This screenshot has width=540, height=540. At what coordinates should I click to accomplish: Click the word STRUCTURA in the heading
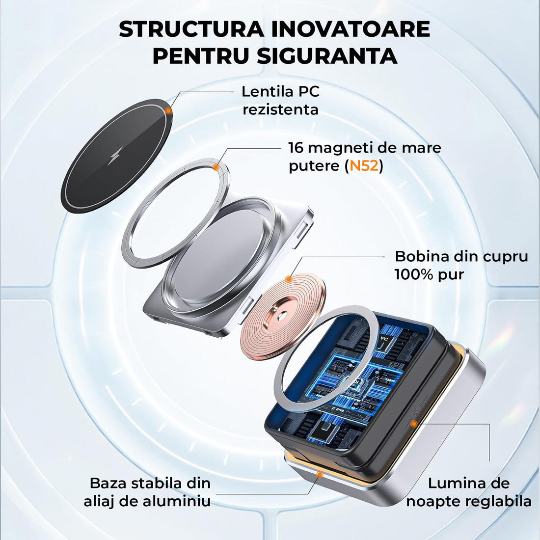(x=191, y=30)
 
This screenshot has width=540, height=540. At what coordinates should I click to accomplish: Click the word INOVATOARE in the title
(x=350, y=30)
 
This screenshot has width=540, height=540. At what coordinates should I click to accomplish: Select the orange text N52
(x=363, y=166)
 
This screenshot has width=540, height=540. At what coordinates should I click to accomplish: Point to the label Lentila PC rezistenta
(x=280, y=100)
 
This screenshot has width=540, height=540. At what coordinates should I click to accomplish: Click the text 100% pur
(x=429, y=274)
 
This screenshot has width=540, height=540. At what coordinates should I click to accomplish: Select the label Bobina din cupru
(x=461, y=256)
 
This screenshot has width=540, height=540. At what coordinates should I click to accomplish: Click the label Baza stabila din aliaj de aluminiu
(x=147, y=492)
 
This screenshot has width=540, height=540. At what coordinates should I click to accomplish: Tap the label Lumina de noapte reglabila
(x=469, y=492)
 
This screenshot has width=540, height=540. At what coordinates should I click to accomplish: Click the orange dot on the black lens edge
(x=168, y=111)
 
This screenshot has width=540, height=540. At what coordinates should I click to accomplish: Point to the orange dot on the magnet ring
(x=216, y=167)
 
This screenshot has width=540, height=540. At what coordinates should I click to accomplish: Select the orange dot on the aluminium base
(x=320, y=474)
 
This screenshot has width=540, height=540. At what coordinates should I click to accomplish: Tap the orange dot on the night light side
(x=415, y=423)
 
